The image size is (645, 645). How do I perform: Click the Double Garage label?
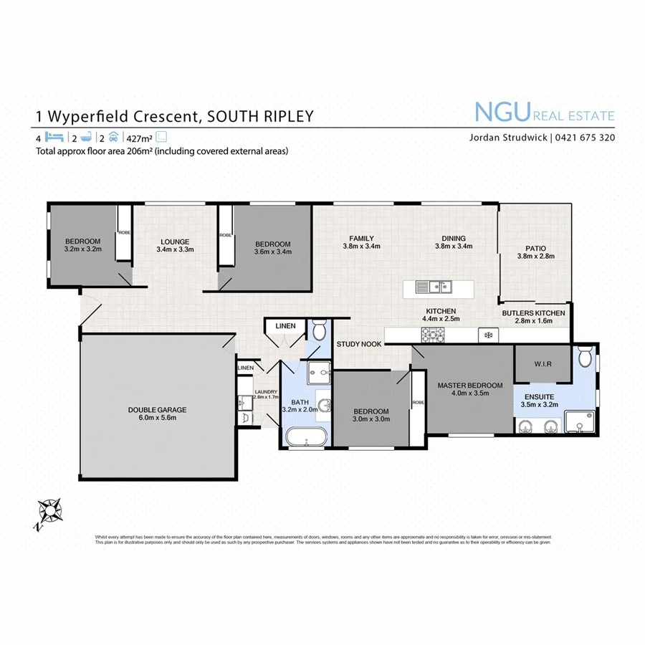(x=158, y=410)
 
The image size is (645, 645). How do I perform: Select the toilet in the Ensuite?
(x=585, y=355)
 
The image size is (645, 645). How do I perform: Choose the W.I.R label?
(x=543, y=363)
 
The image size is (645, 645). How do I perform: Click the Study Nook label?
(x=359, y=344)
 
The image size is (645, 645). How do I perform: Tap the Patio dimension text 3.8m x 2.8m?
(x=535, y=256)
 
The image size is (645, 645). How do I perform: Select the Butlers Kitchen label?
(x=533, y=313)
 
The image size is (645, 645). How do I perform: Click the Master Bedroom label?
(x=470, y=386)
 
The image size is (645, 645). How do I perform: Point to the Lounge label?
(x=174, y=242)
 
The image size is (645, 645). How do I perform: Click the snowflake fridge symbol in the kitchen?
(x=489, y=335)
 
